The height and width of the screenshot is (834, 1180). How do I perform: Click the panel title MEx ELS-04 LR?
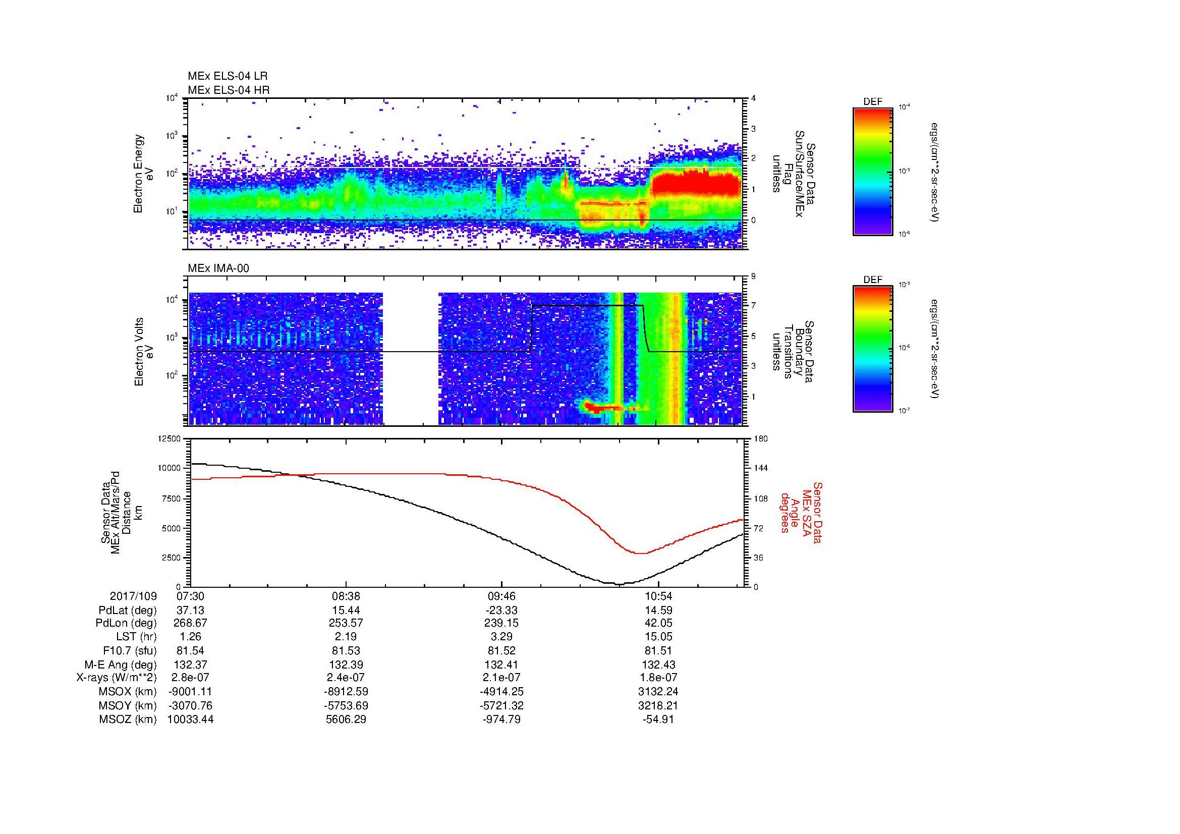227,76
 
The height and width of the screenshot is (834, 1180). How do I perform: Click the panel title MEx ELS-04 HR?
228,90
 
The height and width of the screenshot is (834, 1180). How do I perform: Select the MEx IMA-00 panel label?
218,268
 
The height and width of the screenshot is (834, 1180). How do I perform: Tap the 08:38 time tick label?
346,596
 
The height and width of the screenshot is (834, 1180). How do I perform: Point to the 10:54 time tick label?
658,596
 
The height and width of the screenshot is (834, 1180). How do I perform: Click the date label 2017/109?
133,596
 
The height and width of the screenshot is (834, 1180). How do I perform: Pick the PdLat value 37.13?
191,610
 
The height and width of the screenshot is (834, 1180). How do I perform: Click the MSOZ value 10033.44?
191,719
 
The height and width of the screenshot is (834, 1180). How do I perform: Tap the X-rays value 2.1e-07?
501,678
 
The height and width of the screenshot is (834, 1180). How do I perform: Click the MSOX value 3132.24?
658,692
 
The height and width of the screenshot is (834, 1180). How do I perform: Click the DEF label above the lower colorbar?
873,280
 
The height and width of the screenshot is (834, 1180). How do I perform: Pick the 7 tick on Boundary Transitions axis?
753,306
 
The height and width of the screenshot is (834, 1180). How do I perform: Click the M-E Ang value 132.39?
346,664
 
